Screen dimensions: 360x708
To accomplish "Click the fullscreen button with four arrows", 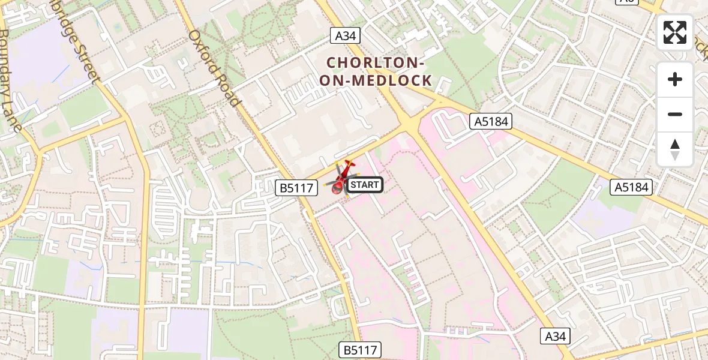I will click(675, 32).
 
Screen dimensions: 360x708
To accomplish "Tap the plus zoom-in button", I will click(675, 79).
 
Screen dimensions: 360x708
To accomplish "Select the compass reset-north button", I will click(675, 149).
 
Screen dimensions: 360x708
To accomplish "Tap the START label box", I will click(364, 185).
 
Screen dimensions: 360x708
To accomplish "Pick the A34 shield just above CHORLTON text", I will click(346, 36).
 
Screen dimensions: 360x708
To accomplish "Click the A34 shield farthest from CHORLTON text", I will click(554, 336).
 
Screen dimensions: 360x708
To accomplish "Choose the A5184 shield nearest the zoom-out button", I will click(491, 122).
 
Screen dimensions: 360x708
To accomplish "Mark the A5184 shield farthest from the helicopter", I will click(632, 187).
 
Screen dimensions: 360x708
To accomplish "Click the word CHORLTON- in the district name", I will click(376, 62).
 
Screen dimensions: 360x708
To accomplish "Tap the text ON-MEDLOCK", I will click(376, 80).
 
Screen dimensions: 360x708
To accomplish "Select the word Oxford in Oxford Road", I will click(205, 49).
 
